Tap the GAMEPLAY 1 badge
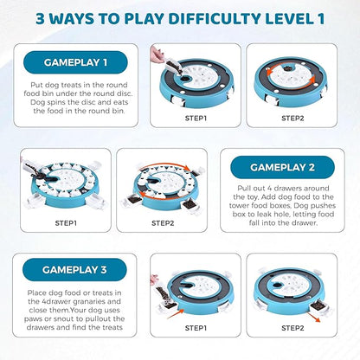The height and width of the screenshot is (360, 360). click(x=75, y=62)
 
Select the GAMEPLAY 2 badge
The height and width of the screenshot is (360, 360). click(x=282, y=167)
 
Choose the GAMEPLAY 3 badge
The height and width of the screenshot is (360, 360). click(x=74, y=270)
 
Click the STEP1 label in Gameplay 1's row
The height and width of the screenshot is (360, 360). click(x=196, y=119)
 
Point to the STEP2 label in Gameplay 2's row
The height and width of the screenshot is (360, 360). click(x=163, y=223)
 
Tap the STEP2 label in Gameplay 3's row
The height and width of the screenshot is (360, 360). click(x=292, y=328)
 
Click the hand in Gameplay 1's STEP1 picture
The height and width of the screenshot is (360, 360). click(x=157, y=55)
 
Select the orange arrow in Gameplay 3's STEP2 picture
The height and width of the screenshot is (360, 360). click(x=313, y=317)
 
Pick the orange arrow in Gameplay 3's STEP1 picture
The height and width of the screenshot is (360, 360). click(x=176, y=313)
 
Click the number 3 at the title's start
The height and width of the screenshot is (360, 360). click(x=41, y=19)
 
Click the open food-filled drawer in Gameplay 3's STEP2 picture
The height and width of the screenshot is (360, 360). click(x=318, y=306)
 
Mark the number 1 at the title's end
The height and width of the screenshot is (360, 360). click(x=320, y=18)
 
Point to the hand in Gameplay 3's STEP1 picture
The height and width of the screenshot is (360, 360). click(x=154, y=280)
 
